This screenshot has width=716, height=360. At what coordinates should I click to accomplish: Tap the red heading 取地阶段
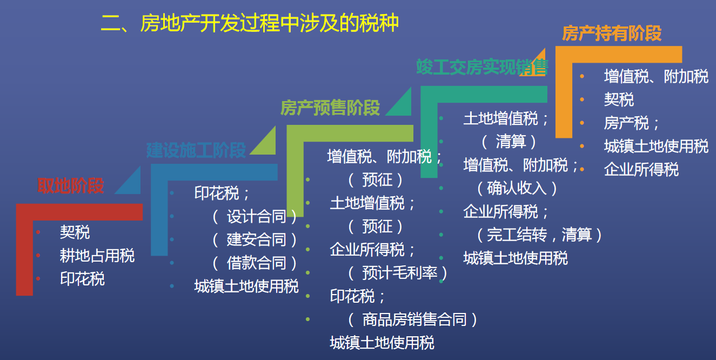pos(70,186)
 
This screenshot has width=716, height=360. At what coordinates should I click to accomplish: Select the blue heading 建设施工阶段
pos(196,150)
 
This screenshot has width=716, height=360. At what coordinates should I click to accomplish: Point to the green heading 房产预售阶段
pos(330,108)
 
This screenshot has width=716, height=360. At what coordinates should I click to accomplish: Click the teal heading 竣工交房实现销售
pos(482,67)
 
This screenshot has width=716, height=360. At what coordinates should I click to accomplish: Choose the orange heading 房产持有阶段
pos(612,34)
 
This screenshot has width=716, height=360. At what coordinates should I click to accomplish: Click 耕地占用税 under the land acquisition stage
pos(97,256)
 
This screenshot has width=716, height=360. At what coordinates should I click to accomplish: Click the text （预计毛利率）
pos(398,272)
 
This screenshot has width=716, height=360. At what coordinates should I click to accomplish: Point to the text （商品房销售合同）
pos(413,319)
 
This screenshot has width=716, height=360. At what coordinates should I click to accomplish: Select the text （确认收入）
pos(517,188)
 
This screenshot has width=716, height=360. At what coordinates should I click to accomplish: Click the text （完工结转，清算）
pos(539,235)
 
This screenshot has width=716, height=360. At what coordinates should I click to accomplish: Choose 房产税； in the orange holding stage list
pos(632,123)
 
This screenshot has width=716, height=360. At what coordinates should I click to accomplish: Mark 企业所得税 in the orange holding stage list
pos(641,170)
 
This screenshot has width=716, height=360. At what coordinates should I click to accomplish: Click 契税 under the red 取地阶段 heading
pos(75,232)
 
